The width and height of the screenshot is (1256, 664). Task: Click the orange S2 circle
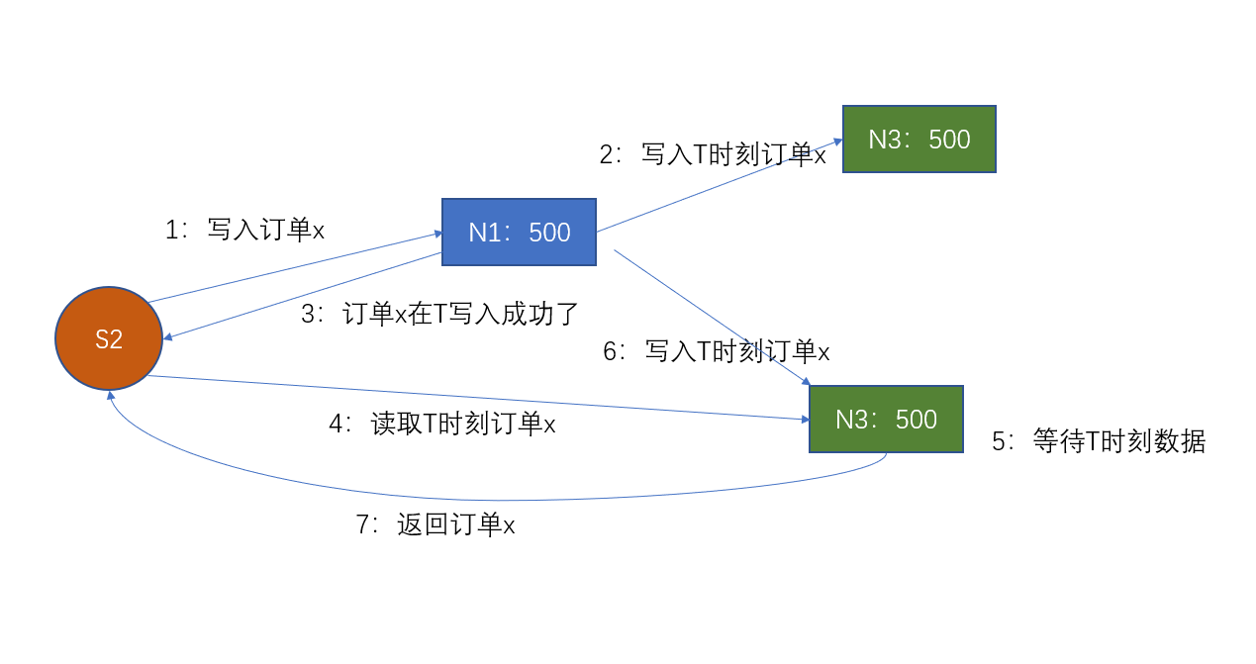[109, 338]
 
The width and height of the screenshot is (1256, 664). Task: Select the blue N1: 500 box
[519, 233]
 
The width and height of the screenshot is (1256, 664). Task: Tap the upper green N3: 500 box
[918, 140]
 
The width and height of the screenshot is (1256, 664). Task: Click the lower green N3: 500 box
[886, 420]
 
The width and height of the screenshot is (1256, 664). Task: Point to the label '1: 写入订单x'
[244, 231]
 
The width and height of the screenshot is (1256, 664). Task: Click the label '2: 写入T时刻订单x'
[712, 154]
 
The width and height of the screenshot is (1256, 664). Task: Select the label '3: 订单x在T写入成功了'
[438, 314]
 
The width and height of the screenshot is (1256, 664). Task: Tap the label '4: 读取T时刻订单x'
[441, 425]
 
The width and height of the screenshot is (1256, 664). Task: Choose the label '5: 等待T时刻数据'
[1099, 441]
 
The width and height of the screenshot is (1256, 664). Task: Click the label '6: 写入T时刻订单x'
[716, 351]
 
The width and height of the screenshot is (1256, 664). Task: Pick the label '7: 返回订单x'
[435, 524]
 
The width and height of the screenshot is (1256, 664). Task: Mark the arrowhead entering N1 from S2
[436, 234]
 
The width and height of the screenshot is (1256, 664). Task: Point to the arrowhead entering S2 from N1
[167, 337]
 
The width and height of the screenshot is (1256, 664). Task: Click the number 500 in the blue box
[549, 233]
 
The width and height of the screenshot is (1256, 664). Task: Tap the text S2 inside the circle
[109, 339]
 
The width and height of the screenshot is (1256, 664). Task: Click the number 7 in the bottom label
[362, 524]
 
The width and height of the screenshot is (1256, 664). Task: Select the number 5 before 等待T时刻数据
[999, 441]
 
